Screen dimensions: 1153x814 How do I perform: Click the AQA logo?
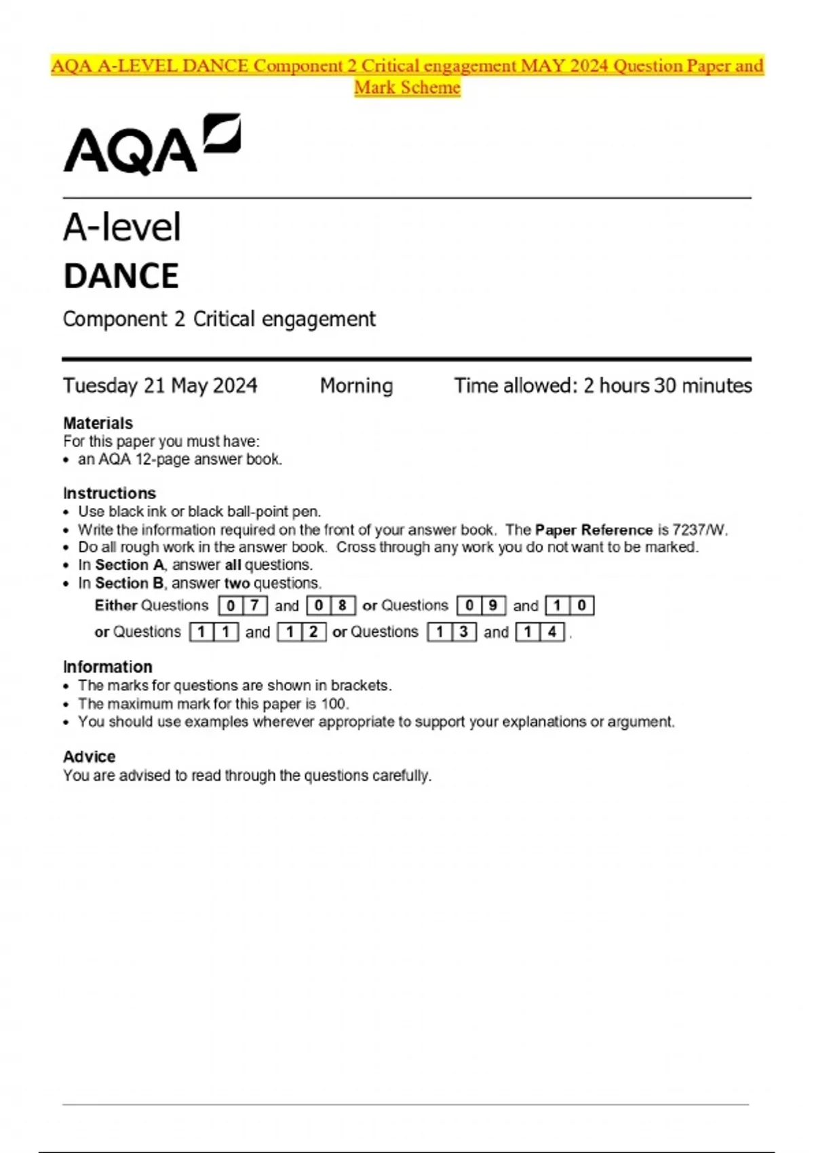coord(152,144)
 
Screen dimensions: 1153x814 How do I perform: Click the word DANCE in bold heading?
coord(121,277)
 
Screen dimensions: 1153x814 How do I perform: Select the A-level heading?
coord(122,227)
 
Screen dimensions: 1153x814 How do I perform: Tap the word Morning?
coord(356,386)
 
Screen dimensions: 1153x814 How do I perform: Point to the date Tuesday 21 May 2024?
coord(160,386)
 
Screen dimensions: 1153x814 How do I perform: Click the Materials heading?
coord(98,423)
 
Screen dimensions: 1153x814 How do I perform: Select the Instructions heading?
coord(109,493)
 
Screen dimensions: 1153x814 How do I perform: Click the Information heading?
coord(107,667)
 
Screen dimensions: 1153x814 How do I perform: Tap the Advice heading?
coord(89,757)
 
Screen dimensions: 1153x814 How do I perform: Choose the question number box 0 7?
coord(243,606)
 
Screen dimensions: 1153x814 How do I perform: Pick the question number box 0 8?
coord(331,606)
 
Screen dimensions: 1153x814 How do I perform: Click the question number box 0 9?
coord(482,606)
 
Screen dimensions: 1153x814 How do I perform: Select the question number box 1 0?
coord(570,606)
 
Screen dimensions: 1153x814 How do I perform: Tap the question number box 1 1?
coord(214,632)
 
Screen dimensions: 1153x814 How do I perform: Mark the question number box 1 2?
coord(302,632)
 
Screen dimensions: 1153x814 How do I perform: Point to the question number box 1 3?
coord(452,632)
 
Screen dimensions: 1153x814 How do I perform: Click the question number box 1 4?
coord(540,632)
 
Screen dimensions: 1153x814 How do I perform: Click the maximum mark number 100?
coord(333,704)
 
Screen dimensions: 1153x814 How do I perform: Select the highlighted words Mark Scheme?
coord(407,87)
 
